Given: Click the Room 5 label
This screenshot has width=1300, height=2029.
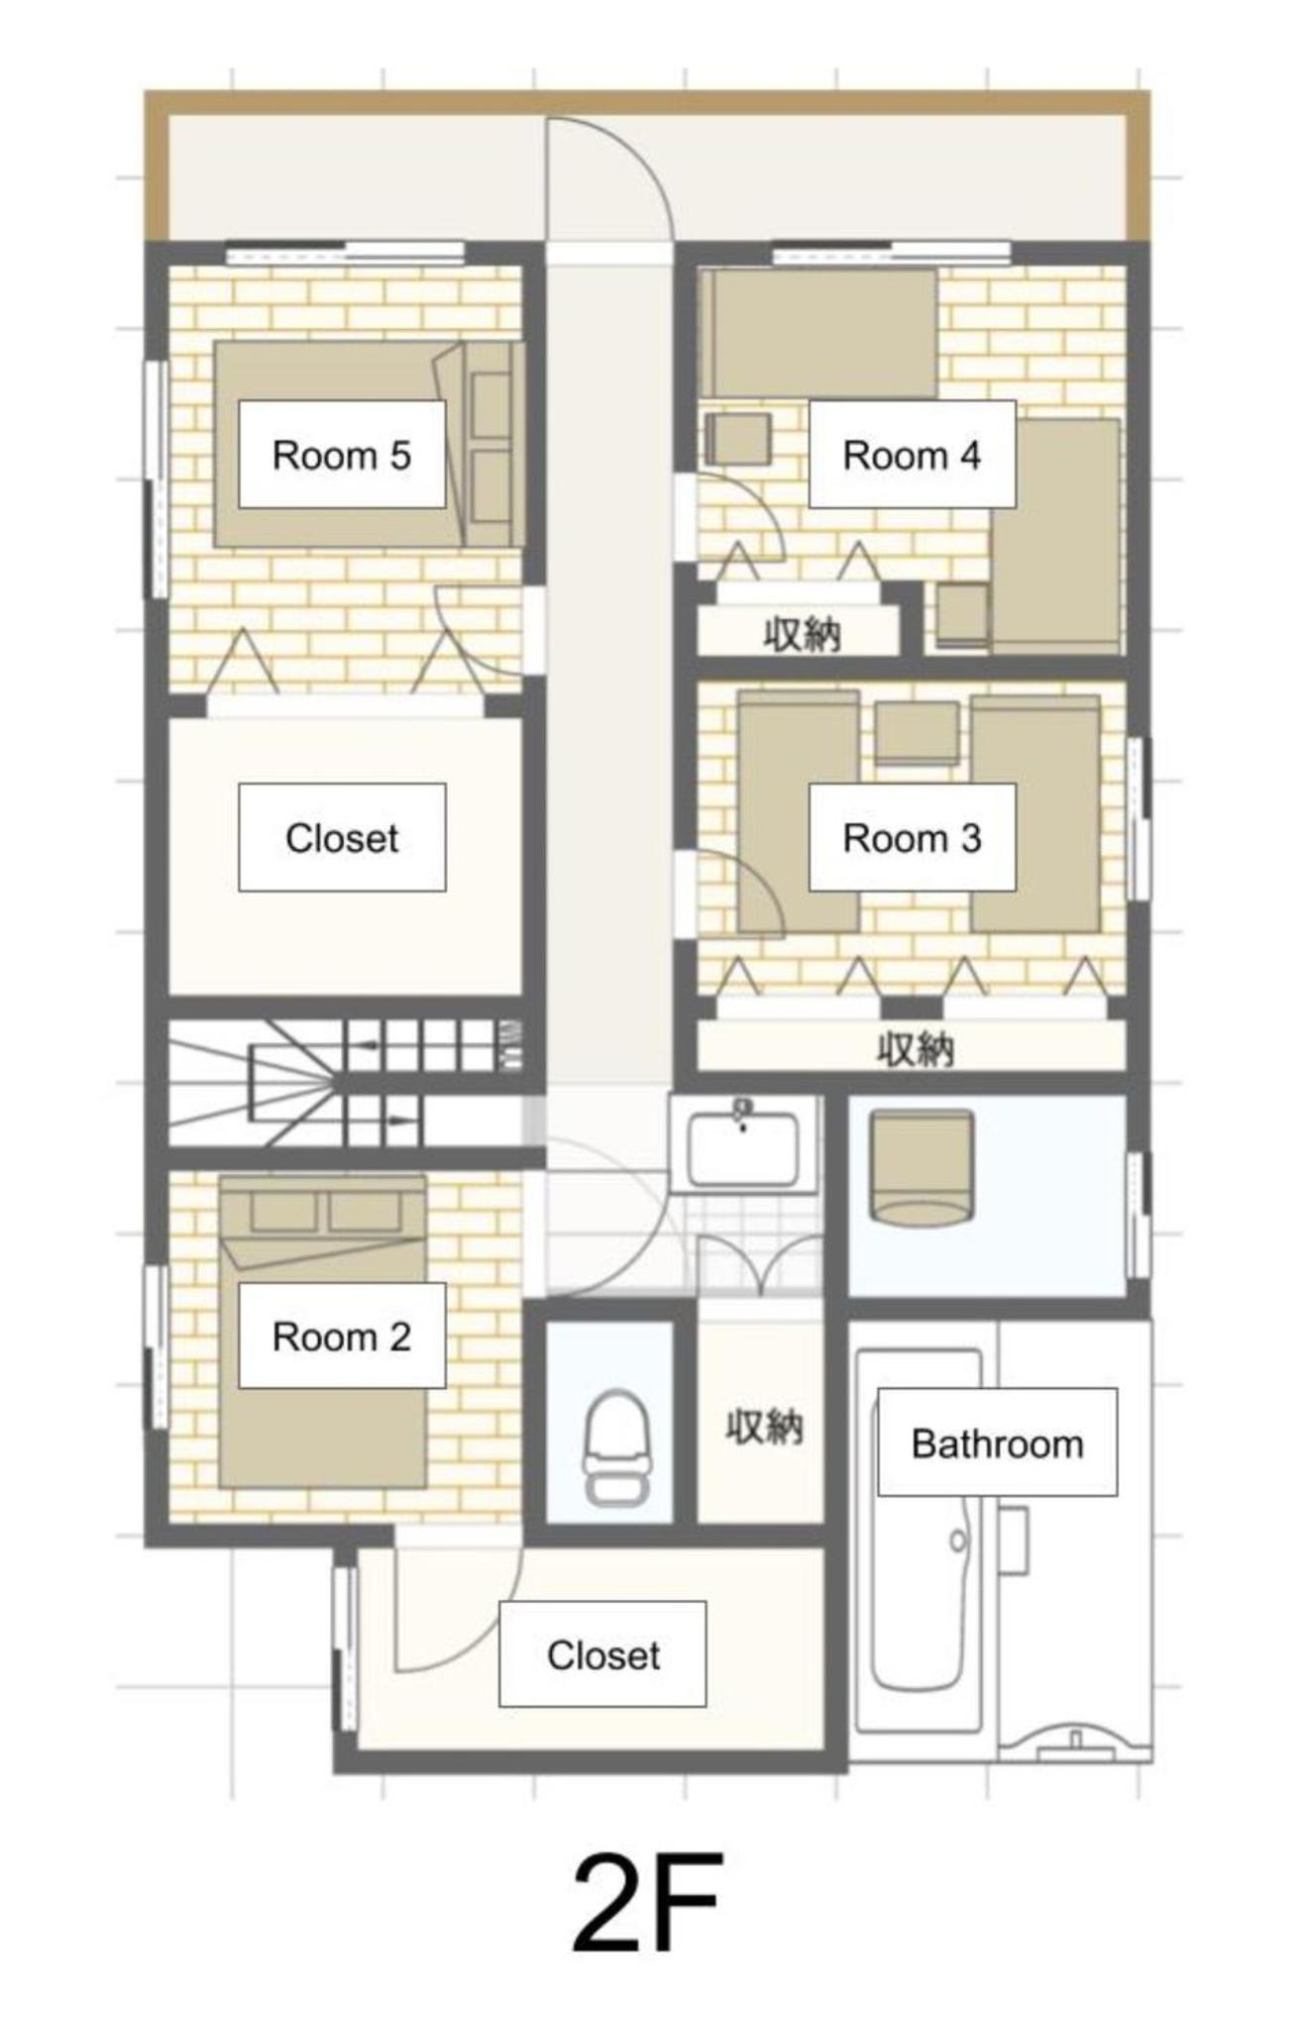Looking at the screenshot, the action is [342, 455].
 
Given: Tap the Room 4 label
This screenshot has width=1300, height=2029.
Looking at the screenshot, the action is [912, 455].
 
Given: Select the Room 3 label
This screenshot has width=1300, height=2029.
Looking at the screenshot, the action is [912, 838].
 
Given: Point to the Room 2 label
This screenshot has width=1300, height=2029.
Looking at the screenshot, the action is [342, 1336].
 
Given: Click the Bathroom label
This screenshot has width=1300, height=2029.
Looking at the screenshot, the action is [997, 1443].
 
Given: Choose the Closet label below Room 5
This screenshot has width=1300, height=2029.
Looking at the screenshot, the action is [342, 838].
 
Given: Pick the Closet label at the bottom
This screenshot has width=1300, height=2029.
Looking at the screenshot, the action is [602, 1655].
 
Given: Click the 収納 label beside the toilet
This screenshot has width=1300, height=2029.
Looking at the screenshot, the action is [764, 1428].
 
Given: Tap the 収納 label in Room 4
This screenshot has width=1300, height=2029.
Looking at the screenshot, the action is [803, 633].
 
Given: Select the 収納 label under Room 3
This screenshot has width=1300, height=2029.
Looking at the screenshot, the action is [915, 1048].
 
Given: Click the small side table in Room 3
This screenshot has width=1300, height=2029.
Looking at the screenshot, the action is [917, 733].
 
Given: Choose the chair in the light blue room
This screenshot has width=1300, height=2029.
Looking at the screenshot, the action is [921, 1168].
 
